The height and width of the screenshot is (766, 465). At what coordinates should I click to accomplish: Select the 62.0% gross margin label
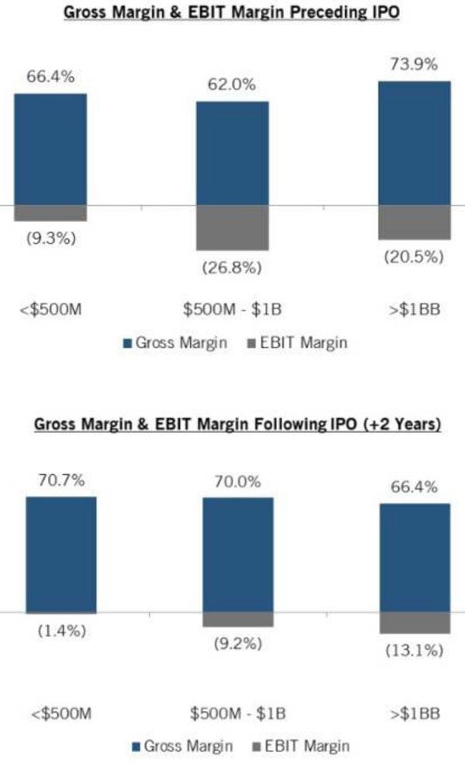click(232, 85)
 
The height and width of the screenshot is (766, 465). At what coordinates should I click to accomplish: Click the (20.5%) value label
click(414, 257)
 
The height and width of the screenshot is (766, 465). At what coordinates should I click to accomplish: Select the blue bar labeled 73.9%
click(415, 144)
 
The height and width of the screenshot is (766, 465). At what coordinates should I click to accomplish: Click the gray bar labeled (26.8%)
click(232, 227)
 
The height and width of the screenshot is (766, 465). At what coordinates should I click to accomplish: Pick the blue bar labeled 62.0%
click(232, 154)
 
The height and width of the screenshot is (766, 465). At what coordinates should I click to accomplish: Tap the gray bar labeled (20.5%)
click(415, 222)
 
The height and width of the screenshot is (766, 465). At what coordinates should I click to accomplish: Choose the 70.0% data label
click(237, 481)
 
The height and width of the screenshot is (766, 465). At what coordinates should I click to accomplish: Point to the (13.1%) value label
click(414, 650)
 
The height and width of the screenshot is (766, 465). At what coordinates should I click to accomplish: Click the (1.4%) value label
click(62, 630)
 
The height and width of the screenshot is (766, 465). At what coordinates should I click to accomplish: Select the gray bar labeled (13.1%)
click(415, 622)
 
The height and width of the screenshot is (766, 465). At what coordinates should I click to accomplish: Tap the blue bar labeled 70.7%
click(60, 554)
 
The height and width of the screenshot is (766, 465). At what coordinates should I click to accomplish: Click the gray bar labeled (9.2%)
click(237, 619)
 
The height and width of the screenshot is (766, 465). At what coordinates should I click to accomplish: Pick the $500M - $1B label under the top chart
click(232, 310)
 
